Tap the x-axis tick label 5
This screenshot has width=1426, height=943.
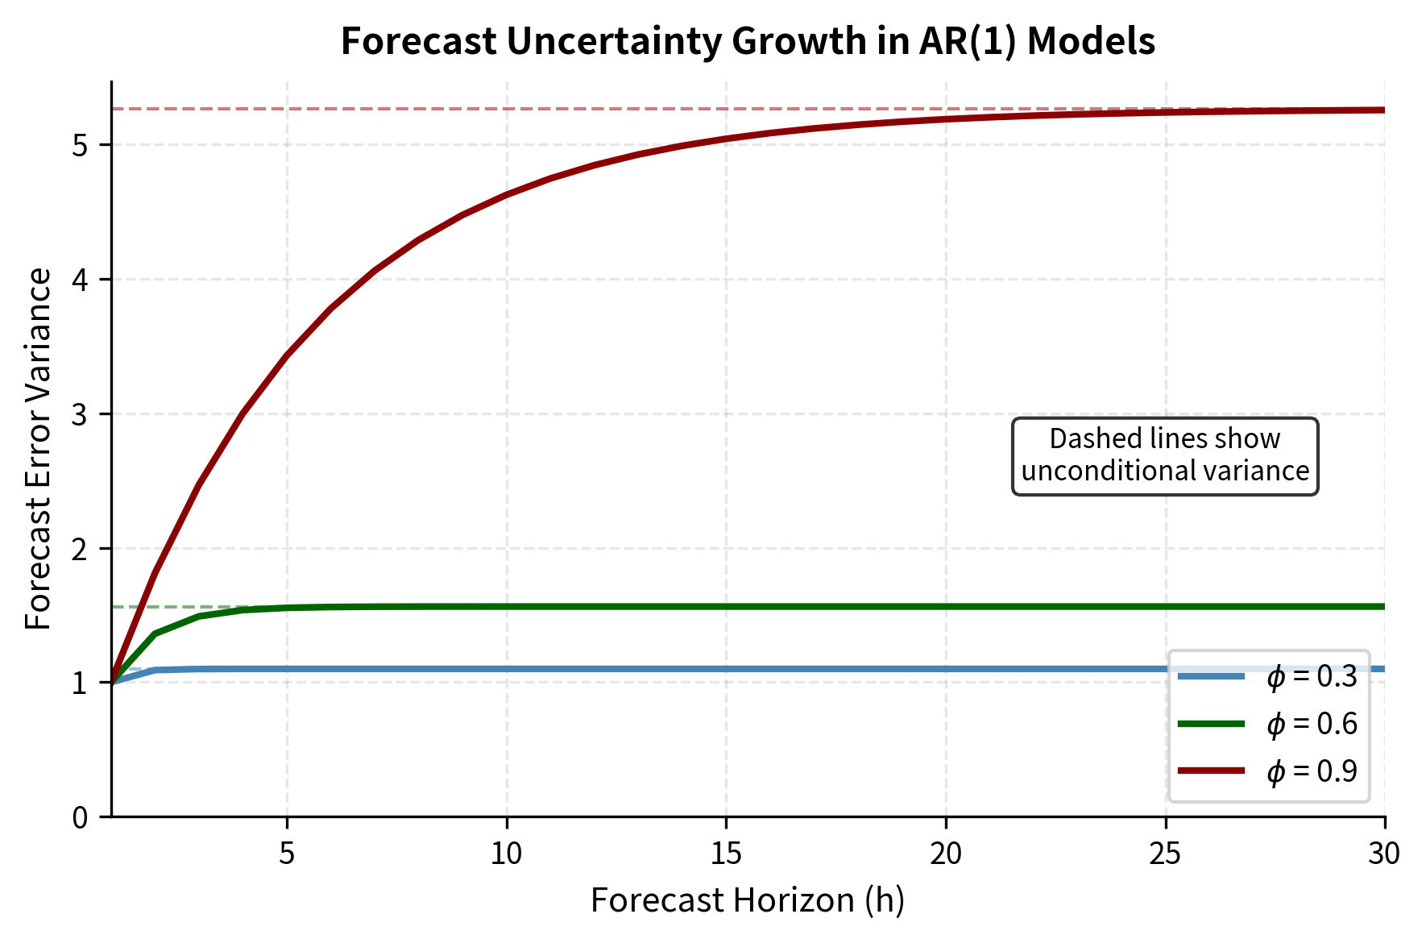(x=288, y=854)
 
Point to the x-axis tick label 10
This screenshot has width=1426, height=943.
(x=507, y=854)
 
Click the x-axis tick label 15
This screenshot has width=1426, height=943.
(x=726, y=854)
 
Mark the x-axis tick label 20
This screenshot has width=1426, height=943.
(x=946, y=854)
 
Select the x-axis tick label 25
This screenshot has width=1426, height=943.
(x=1165, y=854)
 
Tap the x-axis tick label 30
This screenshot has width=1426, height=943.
(x=1384, y=854)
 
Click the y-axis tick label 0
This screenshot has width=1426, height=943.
(x=81, y=818)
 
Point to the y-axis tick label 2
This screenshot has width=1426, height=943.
(x=81, y=549)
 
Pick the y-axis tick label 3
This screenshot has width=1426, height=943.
(x=81, y=415)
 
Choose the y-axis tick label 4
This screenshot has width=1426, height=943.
(x=81, y=280)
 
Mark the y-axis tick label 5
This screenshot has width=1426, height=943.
(x=81, y=146)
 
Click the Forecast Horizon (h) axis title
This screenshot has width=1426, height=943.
(x=748, y=900)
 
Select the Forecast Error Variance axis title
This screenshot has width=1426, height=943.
(x=39, y=449)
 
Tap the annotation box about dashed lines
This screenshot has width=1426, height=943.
(x=1165, y=455)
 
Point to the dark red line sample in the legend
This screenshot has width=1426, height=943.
(x=1211, y=771)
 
